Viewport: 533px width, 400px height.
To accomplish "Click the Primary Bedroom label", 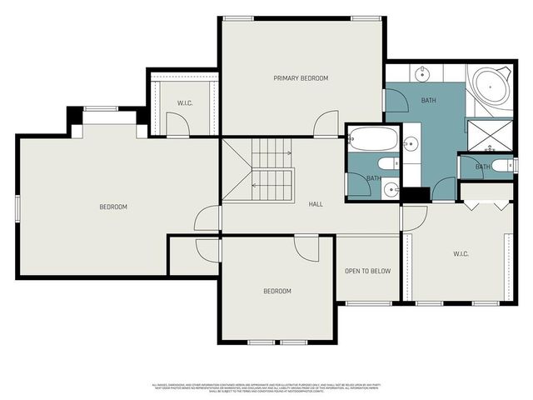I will coord(301,78).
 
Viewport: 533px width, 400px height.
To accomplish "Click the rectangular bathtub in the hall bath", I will coord(372,137).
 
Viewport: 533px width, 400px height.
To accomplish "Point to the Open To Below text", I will coord(367,271).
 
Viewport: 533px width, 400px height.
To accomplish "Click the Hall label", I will coord(316,204).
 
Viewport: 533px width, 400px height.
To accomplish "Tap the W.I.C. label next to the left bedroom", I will coord(185,103).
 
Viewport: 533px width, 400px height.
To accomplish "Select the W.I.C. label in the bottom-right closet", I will coord(463,253).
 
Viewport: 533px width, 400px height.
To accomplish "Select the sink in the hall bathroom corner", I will coord(391,188).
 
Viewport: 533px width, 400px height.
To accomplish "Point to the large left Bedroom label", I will coord(113,207).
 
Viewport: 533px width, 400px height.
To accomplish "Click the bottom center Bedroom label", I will coord(277,291).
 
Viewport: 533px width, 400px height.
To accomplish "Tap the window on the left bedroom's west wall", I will coord(17,207).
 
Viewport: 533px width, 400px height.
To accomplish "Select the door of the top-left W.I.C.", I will coord(177,125).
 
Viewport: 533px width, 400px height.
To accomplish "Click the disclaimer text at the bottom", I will coord(266,387).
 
